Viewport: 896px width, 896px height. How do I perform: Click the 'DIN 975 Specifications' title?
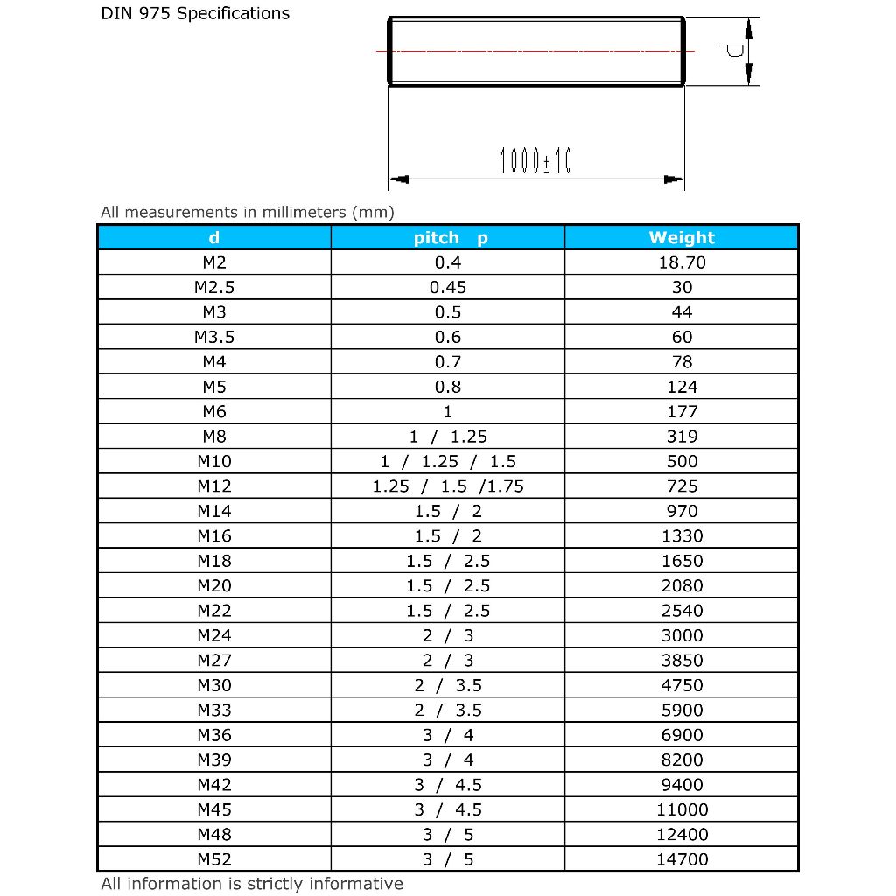click(x=195, y=14)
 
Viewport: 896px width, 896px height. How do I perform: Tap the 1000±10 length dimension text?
click(x=535, y=161)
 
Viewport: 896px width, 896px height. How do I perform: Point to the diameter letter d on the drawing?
click(x=734, y=51)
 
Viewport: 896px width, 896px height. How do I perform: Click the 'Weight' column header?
click(x=682, y=237)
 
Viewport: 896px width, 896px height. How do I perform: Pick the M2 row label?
click(x=214, y=262)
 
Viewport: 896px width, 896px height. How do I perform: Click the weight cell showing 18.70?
click(x=682, y=262)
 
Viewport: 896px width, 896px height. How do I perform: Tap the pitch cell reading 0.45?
click(x=448, y=287)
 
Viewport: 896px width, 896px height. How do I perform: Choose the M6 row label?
click(x=214, y=411)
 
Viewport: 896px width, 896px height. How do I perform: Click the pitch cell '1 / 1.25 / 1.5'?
click(x=448, y=461)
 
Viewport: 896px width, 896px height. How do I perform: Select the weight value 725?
click(x=682, y=486)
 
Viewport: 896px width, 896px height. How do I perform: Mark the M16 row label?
click(x=214, y=535)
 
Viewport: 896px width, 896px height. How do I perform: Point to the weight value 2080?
click(x=682, y=585)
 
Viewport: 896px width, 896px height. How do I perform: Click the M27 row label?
click(x=214, y=661)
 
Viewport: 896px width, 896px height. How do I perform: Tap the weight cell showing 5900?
click(x=682, y=710)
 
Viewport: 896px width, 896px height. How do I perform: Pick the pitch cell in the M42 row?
click(x=448, y=785)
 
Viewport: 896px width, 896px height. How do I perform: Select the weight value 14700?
click(x=682, y=859)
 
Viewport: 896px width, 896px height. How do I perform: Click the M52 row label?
click(x=214, y=859)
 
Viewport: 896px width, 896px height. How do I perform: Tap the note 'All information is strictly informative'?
click(x=252, y=884)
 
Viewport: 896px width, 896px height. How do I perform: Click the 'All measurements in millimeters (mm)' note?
click(x=248, y=212)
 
